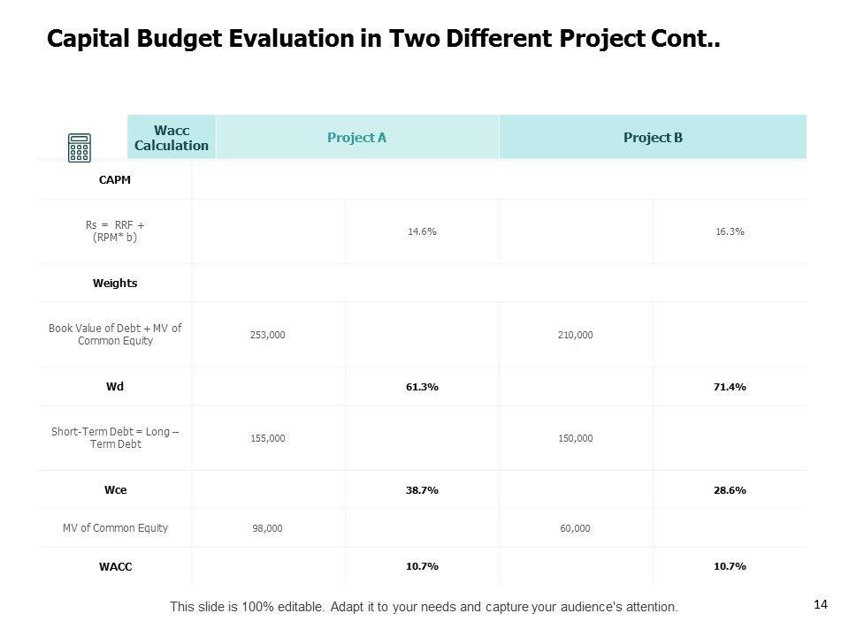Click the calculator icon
click(x=80, y=148)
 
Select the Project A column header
click(x=356, y=138)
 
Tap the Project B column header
click(x=653, y=138)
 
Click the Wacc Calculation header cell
click(x=172, y=138)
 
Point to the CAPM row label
click(x=115, y=180)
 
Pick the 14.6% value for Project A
click(x=422, y=231)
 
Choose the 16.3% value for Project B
click(x=730, y=231)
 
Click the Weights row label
click(x=115, y=284)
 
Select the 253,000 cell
click(x=268, y=335)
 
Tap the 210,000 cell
click(x=576, y=335)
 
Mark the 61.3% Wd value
click(x=422, y=387)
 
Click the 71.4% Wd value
click(x=730, y=387)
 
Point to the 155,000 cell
click(x=268, y=438)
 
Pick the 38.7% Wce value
click(x=422, y=489)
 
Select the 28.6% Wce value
click(x=730, y=489)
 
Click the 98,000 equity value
click(x=268, y=528)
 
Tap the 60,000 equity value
click(x=576, y=528)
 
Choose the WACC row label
click(x=115, y=567)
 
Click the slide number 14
click(x=820, y=604)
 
